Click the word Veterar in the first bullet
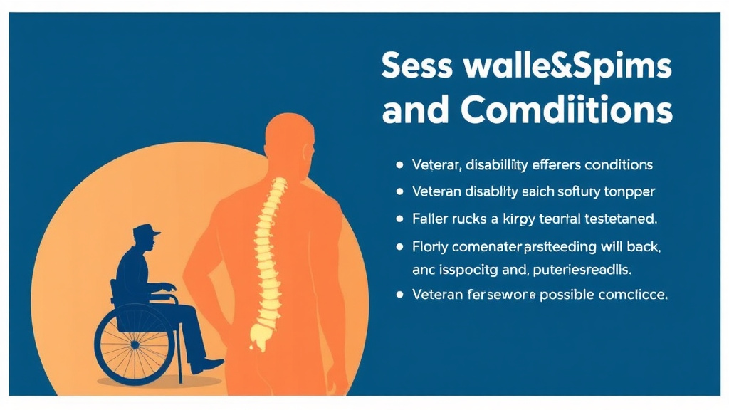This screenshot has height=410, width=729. click(435, 165)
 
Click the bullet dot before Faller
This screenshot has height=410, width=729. click(399, 218)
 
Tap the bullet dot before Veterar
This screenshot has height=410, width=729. click(399, 165)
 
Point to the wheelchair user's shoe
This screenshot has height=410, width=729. click(206, 365)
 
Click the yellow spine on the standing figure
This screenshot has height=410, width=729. click(269, 256)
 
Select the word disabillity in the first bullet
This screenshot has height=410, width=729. click(498, 165)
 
